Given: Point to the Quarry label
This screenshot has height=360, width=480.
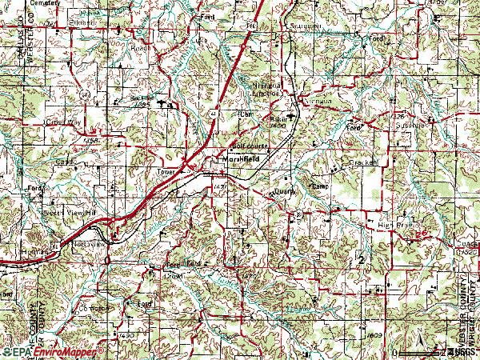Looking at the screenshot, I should (284, 191).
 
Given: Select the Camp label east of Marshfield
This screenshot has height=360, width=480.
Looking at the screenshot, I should (320, 186).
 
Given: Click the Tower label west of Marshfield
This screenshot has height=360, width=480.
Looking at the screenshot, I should (166, 171).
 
